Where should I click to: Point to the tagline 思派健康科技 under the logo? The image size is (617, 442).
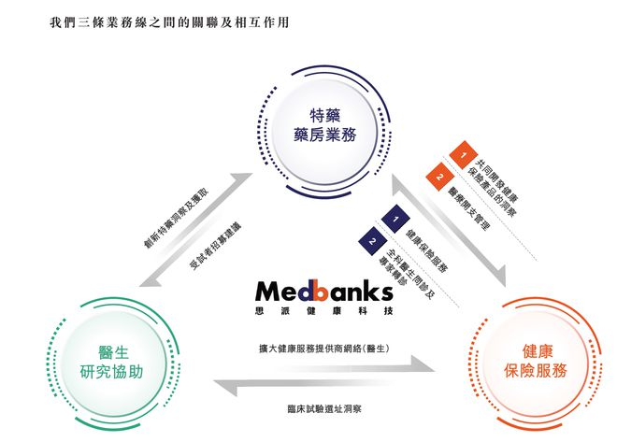click(323, 309)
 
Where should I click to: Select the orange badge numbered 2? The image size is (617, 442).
click(437, 173)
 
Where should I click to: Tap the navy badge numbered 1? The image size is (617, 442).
click(395, 220)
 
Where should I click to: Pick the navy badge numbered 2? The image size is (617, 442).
click(372, 242)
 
